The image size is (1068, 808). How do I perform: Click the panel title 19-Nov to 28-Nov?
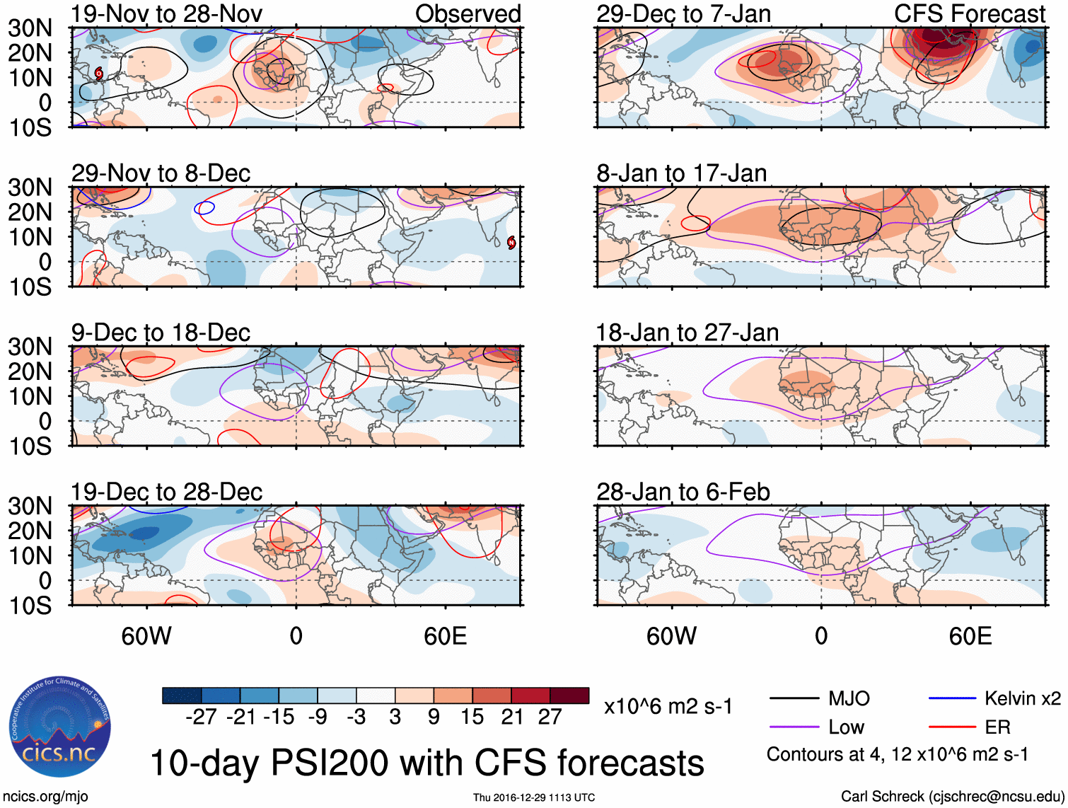pyautogui.click(x=167, y=13)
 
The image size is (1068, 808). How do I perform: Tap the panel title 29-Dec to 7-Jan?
pyautogui.click(x=683, y=13)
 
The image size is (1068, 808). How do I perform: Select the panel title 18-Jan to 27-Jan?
pyautogui.click(x=687, y=333)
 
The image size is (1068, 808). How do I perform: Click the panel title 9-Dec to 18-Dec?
pyautogui.click(x=161, y=333)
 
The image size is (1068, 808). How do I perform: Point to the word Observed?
pyautogui.click(x=468, y=13)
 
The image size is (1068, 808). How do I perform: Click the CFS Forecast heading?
pyautogui.click(x=970, y=13)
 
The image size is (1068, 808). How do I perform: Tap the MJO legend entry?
pyautogui.click(x=849, y=699)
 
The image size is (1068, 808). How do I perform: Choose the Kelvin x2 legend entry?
pyautogui.click(x=1022, y=699)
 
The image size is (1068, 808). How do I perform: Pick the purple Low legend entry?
pyautogui.click(x=846, y=727)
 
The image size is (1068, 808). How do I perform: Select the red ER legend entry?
pyautogui.click(x=997, y=727)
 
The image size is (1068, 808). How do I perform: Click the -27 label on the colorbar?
pyautogui.click(x=201, y=717)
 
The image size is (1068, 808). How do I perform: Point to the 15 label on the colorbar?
pyautogui.click(x=472, y=717)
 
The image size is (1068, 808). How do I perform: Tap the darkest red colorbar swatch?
pyautogui.click(x=569, y=696)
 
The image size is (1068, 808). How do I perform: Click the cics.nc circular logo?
pyautogui.click(x=60, y=727)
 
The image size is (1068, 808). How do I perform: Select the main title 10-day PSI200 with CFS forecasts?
pyautogui.click(x=427, y=763)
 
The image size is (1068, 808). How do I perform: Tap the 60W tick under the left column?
pyautogui.click(x=146, y=636)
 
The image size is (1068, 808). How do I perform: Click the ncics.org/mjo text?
pyautogui.click(x=45, y=797)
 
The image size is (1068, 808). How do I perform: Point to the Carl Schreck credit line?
pyautogui.click(x=952, y=797)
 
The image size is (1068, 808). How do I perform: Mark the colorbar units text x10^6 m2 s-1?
pyautogui.click(x=668, y=706)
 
